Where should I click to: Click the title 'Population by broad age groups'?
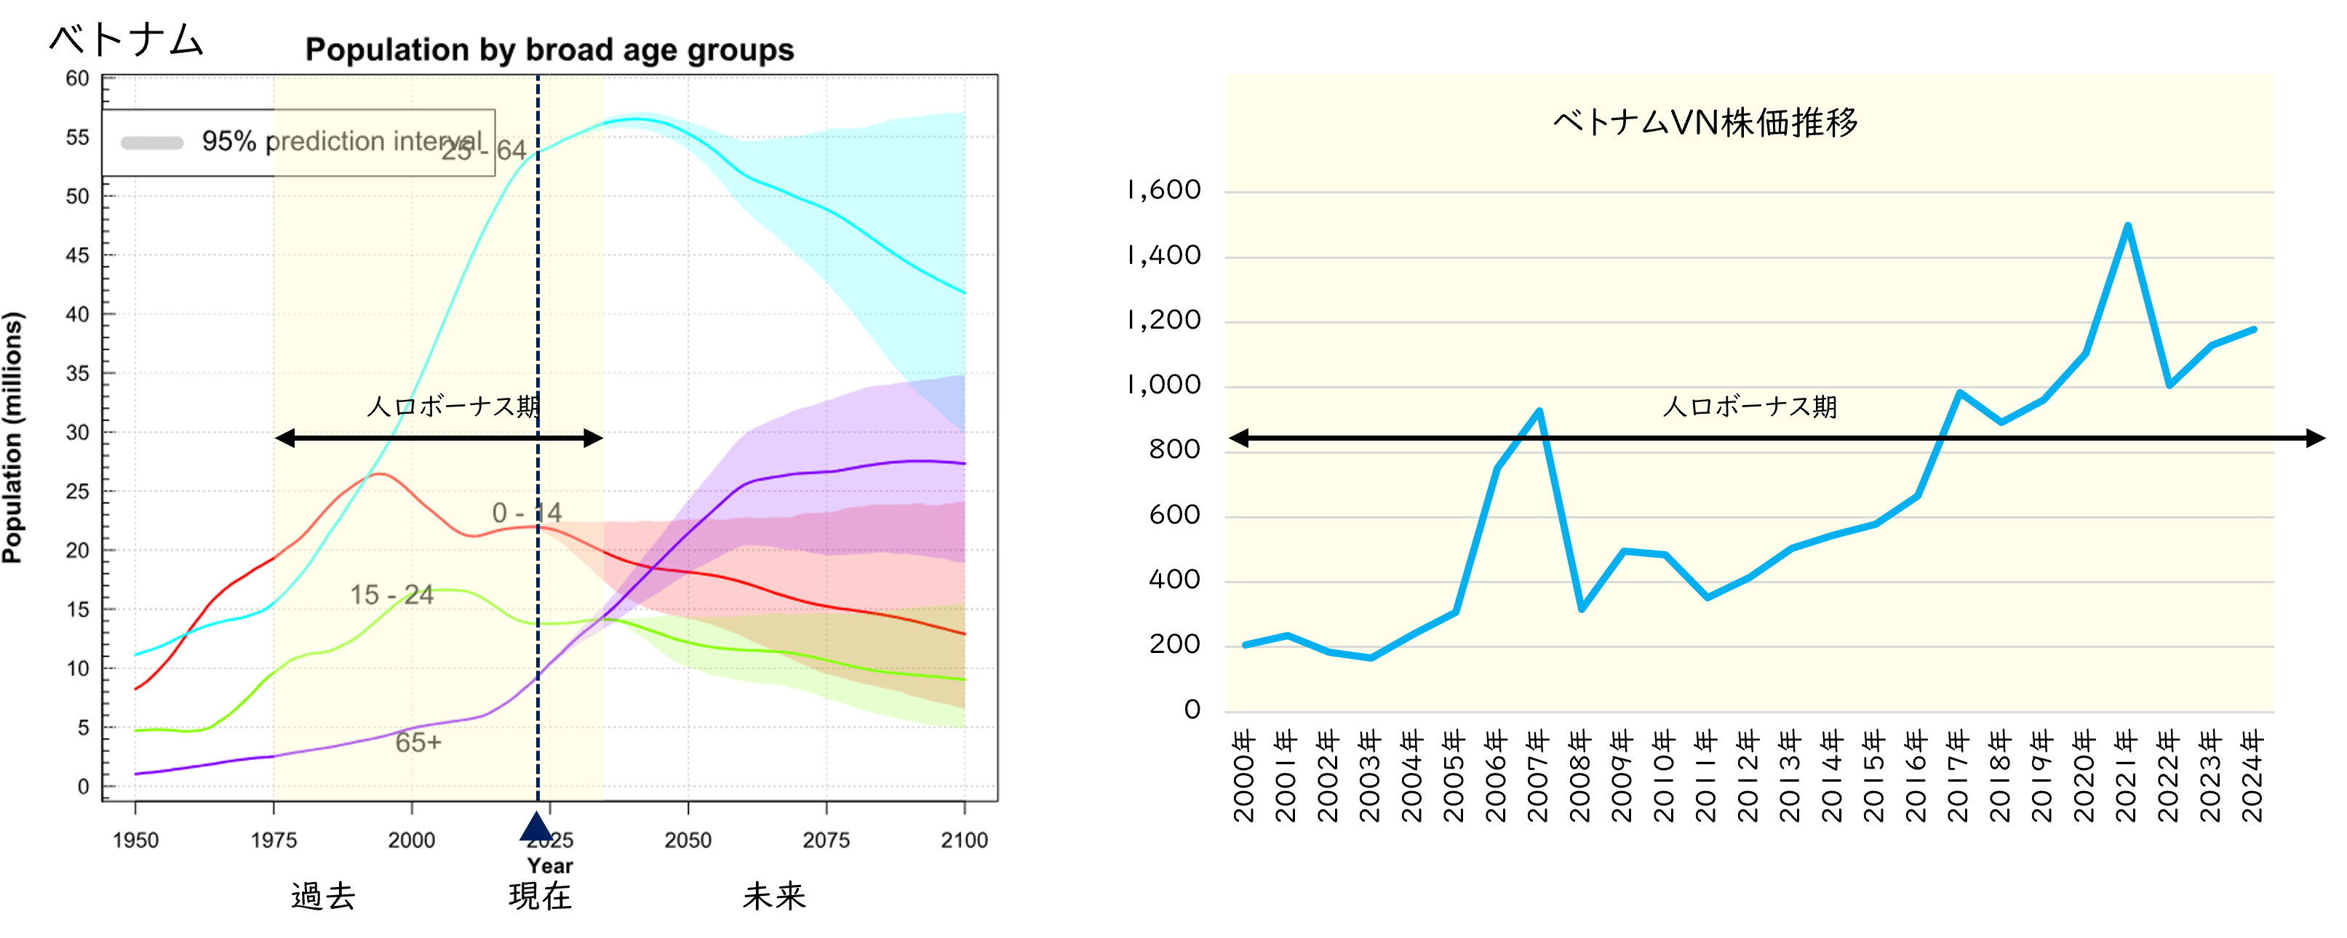549,50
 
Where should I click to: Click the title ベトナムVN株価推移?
1705,122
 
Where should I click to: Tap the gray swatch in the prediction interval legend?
152,142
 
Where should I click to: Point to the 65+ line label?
418,742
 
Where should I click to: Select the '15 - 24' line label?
392,595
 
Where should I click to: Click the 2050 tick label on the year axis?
688,840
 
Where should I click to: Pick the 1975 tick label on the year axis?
274,840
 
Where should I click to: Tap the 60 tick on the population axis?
77,79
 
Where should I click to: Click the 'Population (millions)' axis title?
13,437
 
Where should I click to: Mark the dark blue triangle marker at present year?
535,827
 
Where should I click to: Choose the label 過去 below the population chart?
324,896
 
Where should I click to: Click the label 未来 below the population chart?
774,896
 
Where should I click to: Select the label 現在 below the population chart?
541,896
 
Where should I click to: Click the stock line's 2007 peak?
1539,411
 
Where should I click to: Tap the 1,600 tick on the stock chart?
1163,191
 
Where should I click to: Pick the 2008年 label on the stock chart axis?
1580,775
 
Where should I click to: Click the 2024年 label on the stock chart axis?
2252,775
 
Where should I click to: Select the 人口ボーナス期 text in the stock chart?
1749,406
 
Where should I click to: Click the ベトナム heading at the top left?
126,39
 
